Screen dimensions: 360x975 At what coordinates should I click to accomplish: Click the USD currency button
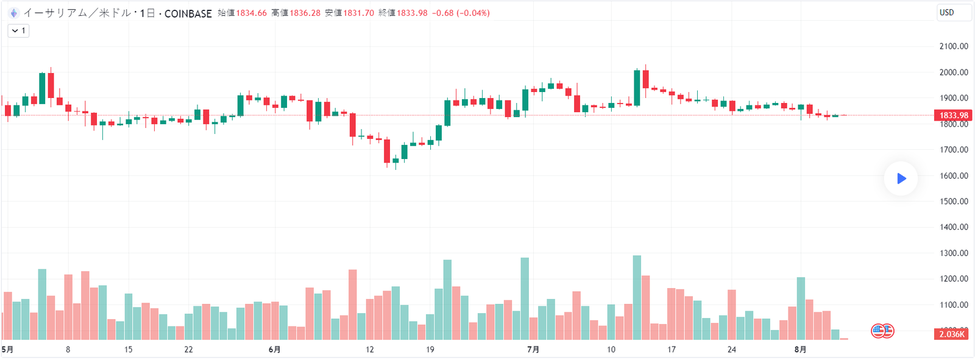pos(953,13)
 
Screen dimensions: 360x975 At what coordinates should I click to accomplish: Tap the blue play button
pos(901,178)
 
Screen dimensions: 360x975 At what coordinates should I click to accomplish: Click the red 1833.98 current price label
pos(953,115)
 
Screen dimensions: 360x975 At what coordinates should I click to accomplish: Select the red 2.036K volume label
pos(951,334)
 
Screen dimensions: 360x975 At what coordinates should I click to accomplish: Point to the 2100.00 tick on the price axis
pos(954,46)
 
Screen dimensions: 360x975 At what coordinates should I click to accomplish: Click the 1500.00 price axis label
pos(954,202)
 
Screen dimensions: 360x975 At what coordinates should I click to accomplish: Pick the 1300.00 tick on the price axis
pos(954,253)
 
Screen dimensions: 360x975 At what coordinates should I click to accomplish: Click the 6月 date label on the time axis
pos(274,350)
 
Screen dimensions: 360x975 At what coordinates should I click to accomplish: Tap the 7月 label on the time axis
pos(533,350)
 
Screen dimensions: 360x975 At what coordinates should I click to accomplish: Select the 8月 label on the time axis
pos(800,350)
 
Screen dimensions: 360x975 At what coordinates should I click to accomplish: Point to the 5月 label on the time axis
pos(7,350)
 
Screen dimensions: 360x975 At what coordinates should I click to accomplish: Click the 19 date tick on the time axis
pos(430,350)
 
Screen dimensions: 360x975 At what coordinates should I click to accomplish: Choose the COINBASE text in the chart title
pos(188,13)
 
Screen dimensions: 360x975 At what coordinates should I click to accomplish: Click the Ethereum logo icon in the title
pos(13,13)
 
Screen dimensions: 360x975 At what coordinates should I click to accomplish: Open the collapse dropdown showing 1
pos(18,30)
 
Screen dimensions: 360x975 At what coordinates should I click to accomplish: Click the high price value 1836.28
pos(305,13)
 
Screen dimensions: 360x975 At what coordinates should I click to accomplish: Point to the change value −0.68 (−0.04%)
pos(461,13)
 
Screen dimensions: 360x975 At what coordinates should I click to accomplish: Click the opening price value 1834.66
pos(251,13)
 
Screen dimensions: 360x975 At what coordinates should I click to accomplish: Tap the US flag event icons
pos(882,331)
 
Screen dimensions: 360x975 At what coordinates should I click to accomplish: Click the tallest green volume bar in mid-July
pos(637,297)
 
